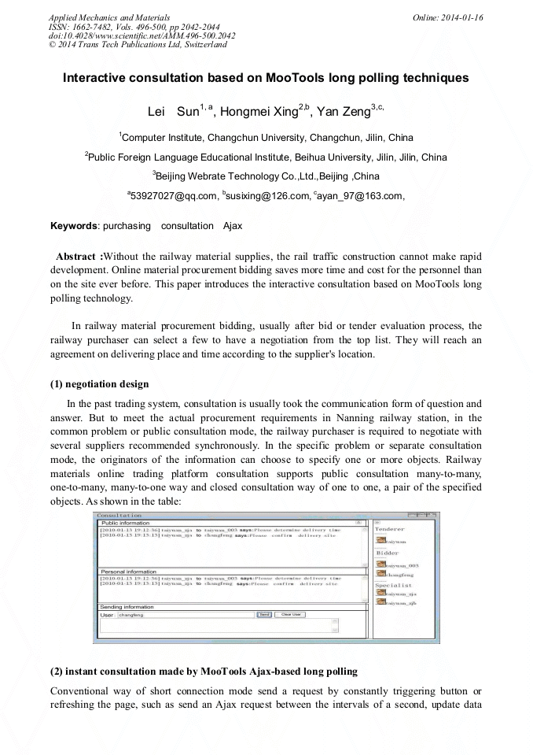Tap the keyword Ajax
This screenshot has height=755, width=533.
point(233,226)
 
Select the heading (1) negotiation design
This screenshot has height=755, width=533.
point(99,384)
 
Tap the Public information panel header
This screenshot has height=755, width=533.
point(126,523)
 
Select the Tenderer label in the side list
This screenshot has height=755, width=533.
point(389,530)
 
